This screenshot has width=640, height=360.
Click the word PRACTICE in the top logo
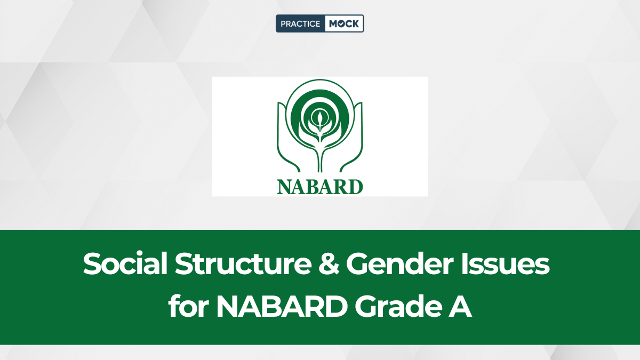click(x=300, y=23)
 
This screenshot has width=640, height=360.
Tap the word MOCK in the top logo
click(x=343, y=23)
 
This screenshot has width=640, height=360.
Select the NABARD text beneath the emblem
click(x=319, y=187)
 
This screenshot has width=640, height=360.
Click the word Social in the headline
click(x=125, y=263)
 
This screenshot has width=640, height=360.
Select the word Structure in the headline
click(x=243, y=263)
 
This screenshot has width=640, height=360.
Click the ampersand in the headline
click(x=329, y=263)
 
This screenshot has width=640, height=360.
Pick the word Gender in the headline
click(x=399, y=263)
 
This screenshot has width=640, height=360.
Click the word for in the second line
click(x=188, y=306)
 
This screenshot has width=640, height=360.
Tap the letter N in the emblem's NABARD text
click(x=284, y=187)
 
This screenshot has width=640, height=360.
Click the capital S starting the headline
click(x=92, y=263)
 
